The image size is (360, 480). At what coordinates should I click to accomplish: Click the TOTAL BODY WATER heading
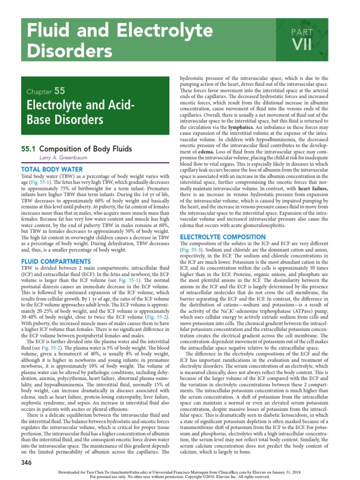[52, 169]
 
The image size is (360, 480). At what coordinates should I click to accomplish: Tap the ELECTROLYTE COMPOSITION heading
[219, 237]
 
